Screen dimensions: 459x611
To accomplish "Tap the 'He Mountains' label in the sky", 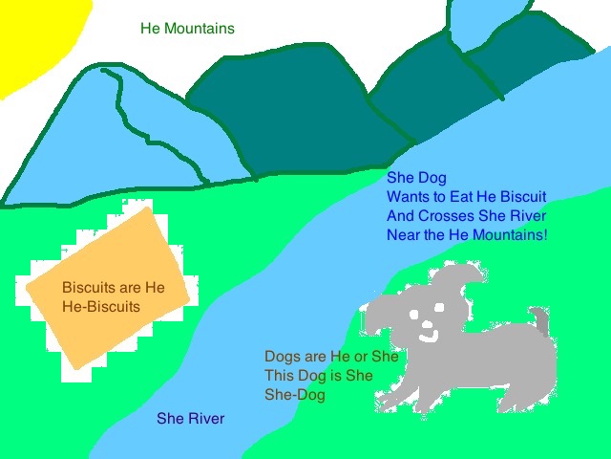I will (187, 29).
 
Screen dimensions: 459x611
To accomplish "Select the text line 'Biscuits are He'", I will (113, 287).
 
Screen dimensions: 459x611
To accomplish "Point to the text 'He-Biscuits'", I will (100, 307).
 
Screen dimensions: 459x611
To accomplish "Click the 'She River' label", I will (191, 419).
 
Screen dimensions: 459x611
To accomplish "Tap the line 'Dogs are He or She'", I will (331, 356).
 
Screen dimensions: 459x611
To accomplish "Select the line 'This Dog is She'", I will (318, 376).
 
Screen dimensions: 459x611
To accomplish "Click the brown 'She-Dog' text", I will (294, 395).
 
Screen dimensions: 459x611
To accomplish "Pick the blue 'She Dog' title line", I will (416, 177).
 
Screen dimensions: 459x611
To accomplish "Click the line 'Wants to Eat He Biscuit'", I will (466, 196).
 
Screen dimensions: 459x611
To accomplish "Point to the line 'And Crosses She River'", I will (466, 215).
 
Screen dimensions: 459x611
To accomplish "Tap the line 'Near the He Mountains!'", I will (467, 234).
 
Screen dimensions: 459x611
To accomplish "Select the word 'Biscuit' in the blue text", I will (522, 196).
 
